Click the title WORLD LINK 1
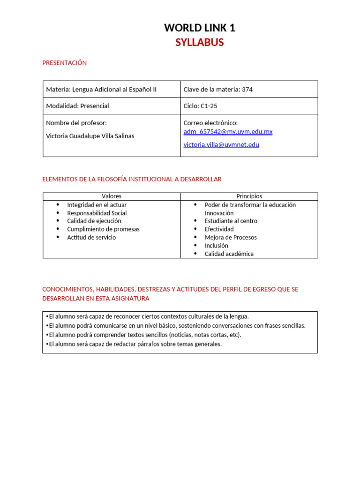click(x=199, y=28)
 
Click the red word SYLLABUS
click(x=199, y=43)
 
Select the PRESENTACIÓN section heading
click(x=64, y=63)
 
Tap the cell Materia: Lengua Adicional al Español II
click(x=101, y=90)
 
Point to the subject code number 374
click(x=247, y=90)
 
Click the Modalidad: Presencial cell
click(x=77, y=106)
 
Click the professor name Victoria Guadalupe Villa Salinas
click(x=90, y=136)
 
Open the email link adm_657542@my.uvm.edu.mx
click(x=228, y=132)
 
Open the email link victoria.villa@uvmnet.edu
click(x=221, y=145)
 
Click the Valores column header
click(x=112, y=196)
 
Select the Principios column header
click(x=249, y=196)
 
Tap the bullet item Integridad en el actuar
click(x=97, y=205)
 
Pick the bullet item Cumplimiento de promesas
click(x=103, y=229)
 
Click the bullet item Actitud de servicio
click(x=91, y=237)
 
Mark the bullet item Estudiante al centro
click(x=231, y=221)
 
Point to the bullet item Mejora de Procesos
click(x=231, y=237)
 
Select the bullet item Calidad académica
click(x=229, y=254)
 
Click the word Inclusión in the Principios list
click(x=216, y=246)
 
